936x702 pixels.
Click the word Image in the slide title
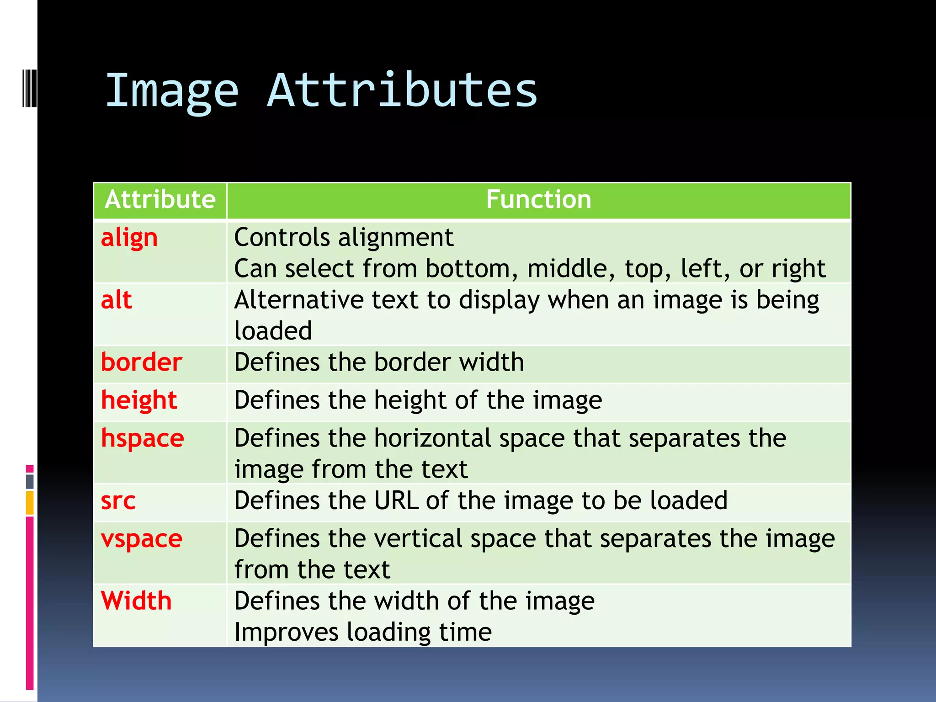click(172, 91)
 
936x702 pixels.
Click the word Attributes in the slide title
click(402, 90)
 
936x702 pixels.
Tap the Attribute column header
click(160, 200)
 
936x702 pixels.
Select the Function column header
click(538, 200)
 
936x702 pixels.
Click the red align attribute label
click(129, 238)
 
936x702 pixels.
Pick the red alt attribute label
click(117, 300)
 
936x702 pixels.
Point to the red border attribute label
click(141, 362)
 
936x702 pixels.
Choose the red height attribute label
click(139, 400)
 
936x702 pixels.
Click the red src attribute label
click(118, 501)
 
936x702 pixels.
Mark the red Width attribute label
click(136, 601)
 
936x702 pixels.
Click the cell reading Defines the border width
click(379, 362)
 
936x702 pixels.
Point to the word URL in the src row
click(396, 500)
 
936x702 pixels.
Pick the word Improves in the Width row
click(286, 632)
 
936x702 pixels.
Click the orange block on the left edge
click(30, 503)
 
